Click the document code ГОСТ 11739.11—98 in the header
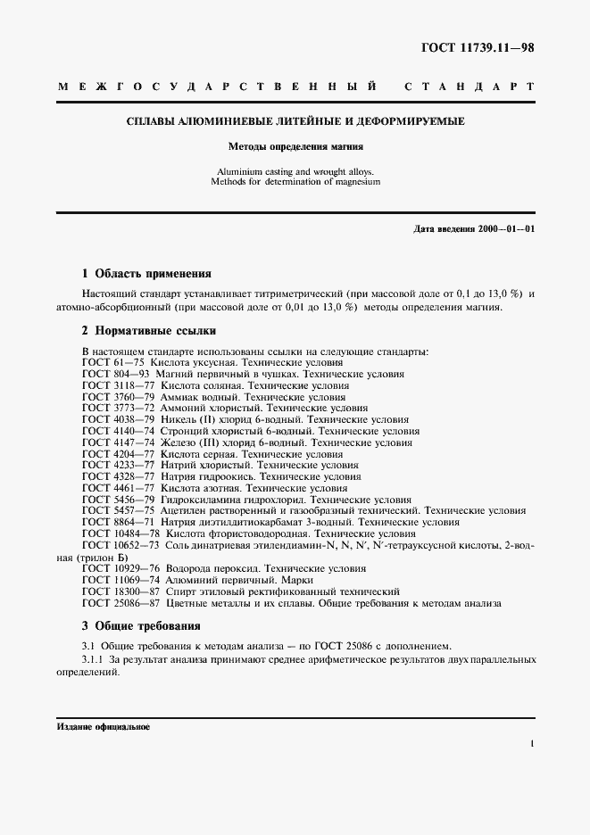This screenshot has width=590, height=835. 478,47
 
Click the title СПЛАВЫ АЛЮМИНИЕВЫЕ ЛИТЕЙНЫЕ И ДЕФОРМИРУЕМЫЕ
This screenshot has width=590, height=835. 295,120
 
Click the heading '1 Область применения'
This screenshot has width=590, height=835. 146,274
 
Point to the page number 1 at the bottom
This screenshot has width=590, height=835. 532,743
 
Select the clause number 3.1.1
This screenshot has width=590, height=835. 94,659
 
